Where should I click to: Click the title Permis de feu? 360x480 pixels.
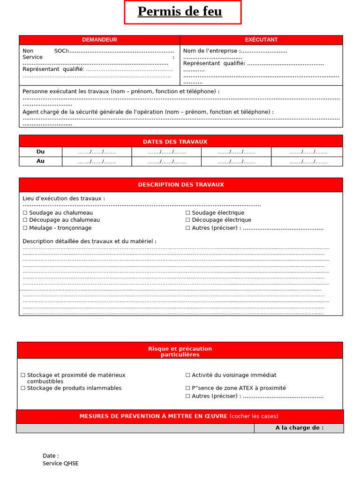pos(180,12)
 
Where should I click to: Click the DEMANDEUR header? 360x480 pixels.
pos(99,40)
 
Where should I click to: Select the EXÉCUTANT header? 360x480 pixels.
pos(261,40)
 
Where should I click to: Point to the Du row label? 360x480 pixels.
pos(40,152)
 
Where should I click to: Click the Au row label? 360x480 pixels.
pos(40,161)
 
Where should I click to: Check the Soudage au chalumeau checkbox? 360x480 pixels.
pos(25,213)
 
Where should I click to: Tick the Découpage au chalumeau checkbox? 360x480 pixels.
pos(25,220)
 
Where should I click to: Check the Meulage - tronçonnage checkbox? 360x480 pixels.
pos(25,228)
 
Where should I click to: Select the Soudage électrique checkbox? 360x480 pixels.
pos(188,213)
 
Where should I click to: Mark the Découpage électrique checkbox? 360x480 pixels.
pos(188,220)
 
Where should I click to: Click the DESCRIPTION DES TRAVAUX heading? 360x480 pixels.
pos(181,185)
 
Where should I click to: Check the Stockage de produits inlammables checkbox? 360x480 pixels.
pos(23,388)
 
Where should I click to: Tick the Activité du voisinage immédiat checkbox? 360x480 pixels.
pos(188,375)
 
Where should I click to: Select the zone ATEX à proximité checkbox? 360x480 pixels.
pos(188,388)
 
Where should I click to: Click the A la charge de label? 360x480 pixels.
pos(299,428)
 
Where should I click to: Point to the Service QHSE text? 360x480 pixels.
pos(60,464)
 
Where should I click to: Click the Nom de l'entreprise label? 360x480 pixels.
pos(212,51)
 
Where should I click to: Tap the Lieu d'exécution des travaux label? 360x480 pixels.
pos(63,199)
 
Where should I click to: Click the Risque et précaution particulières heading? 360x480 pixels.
pos(180,352)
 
